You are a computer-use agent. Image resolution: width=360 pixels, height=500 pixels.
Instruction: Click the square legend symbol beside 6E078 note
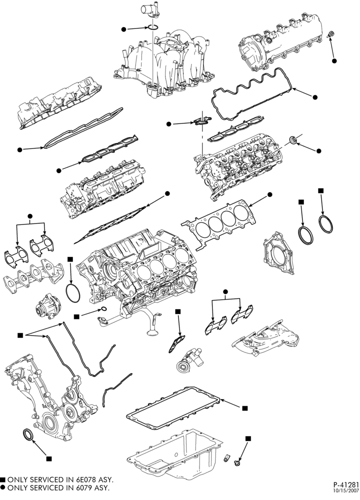pos(3,479)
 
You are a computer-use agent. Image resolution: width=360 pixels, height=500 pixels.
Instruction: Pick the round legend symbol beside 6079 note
pos(3,487)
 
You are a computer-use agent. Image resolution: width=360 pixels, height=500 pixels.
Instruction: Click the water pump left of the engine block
pos(48,306)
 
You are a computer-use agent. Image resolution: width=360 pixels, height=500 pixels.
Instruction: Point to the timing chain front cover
pos(48,398)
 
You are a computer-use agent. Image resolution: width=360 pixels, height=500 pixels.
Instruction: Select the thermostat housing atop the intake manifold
pos(151,11)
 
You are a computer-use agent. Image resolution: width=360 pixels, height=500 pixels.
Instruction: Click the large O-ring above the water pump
pos(72,292)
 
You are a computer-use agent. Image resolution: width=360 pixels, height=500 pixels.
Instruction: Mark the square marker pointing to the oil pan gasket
pos(245,408)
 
